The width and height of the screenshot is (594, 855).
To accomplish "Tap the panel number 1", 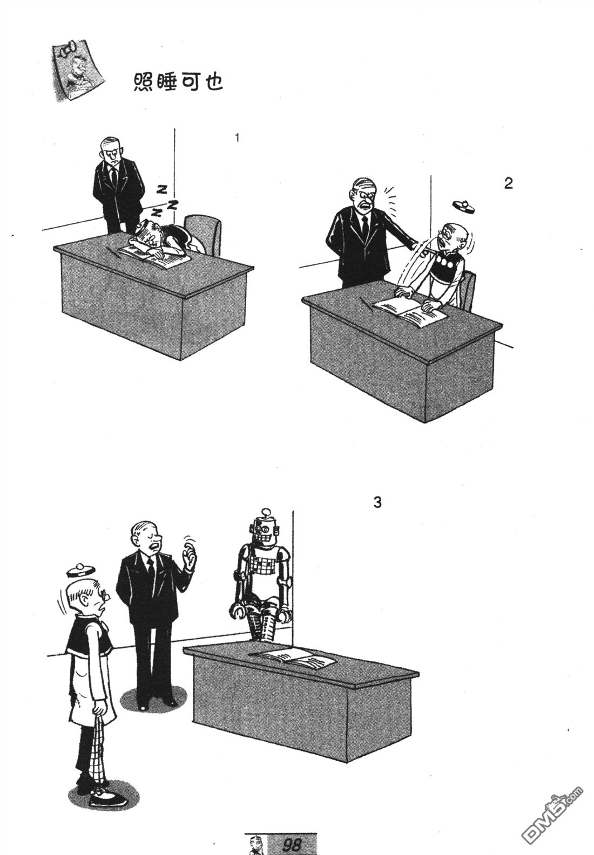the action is [237, 138].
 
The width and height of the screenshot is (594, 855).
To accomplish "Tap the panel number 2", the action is [508, 183].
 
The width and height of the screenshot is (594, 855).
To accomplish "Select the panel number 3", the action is [377, 503].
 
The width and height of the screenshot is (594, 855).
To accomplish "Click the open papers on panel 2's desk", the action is [409, 308].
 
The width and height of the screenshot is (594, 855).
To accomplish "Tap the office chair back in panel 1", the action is [203, 234].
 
